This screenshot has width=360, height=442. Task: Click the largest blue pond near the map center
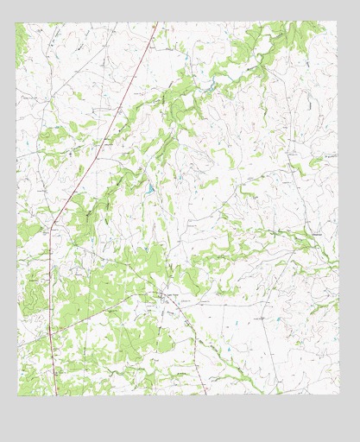click(x=149, y=187)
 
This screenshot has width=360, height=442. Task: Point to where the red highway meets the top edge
click(x=155, y=23)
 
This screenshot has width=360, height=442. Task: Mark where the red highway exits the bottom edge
click(x=57, y=395)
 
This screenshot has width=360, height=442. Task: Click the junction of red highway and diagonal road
click(x=50, y=332)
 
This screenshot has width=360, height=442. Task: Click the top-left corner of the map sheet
click(x=16, y=23)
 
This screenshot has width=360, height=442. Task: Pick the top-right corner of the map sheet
click(x=337, y=22)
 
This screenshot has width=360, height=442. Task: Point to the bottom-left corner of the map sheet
click(x=17, y=395)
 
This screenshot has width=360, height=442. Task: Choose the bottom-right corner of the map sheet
click(x=339, y=394)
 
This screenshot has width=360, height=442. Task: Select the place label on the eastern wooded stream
click(x=318, y=235)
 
